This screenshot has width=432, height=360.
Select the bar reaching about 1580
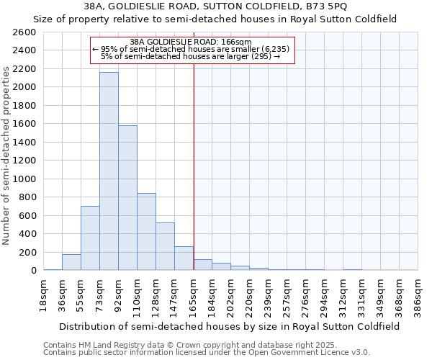coord(127,198)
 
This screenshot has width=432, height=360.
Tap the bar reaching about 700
coord(90,238)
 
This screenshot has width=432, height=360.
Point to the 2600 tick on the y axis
coord(25,32)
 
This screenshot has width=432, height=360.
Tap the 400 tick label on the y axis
coord(28,233)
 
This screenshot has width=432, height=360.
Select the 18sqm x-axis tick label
coord(43,295)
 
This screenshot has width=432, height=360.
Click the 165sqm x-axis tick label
coord(193,295)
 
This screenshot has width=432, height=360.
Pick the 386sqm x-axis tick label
coord(418,295)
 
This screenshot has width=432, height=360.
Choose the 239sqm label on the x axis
coord(268,295)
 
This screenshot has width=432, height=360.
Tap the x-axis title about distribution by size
coord(230,326)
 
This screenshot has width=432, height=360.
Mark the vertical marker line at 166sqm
coord(194,166)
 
